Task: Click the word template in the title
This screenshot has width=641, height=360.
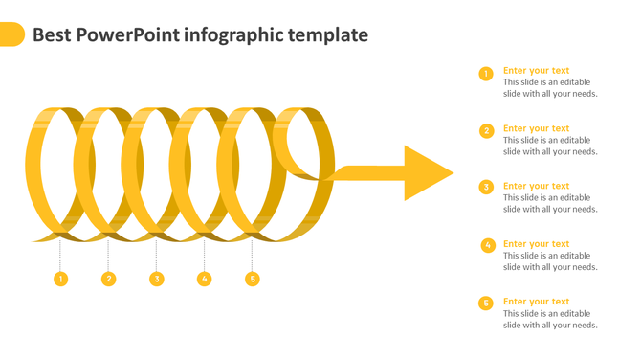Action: [324, 35]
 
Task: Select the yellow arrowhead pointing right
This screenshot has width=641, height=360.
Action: [427, 173]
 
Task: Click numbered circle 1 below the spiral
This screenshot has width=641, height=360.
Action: [60, 279]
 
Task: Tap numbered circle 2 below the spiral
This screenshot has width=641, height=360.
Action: [108, 279]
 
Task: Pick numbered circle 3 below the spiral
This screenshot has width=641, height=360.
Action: [156, 279]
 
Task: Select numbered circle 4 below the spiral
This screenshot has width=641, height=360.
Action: [204, 279]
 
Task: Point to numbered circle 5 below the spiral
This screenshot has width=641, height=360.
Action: [252, 279]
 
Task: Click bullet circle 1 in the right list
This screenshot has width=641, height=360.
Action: [486, 73]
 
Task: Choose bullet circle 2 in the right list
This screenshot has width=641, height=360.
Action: [486, 130]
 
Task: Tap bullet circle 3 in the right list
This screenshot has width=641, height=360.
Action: [486, 188]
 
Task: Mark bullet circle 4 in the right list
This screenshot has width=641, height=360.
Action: [487, 245]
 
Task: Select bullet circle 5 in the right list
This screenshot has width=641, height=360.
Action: [486, 303]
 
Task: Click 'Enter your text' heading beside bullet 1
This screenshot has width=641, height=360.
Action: [536, 70]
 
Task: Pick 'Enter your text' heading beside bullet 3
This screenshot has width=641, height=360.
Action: [536, 186]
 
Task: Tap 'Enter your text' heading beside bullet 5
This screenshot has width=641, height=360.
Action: [536, 302]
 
